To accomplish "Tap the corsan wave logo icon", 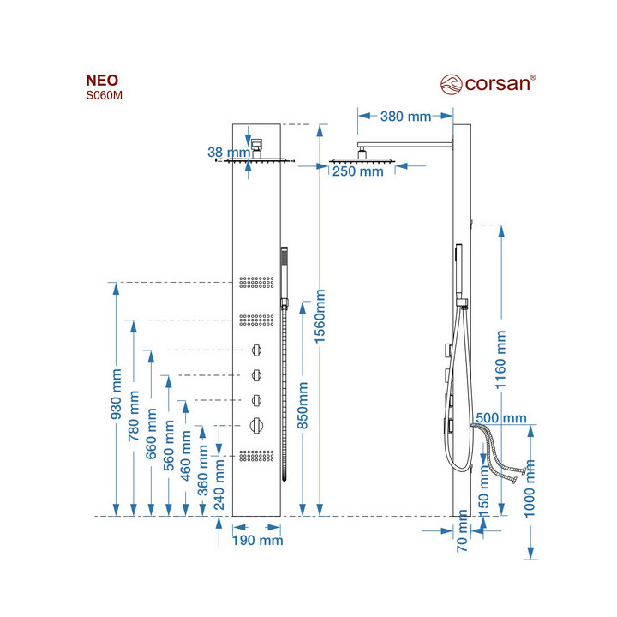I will tap(451, 83).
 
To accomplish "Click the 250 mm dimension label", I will tap(357, 171).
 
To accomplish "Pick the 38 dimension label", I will tap(215, 153).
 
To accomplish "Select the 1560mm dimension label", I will tap(320, 316).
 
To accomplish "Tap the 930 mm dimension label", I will tap(117, 395).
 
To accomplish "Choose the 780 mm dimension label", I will tap(135, 416).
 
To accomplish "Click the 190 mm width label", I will tap(257, 540).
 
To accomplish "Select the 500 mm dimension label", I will tap(500, 417).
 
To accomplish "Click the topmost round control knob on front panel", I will tap(256, 350).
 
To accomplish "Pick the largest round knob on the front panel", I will tap(257, 422).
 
